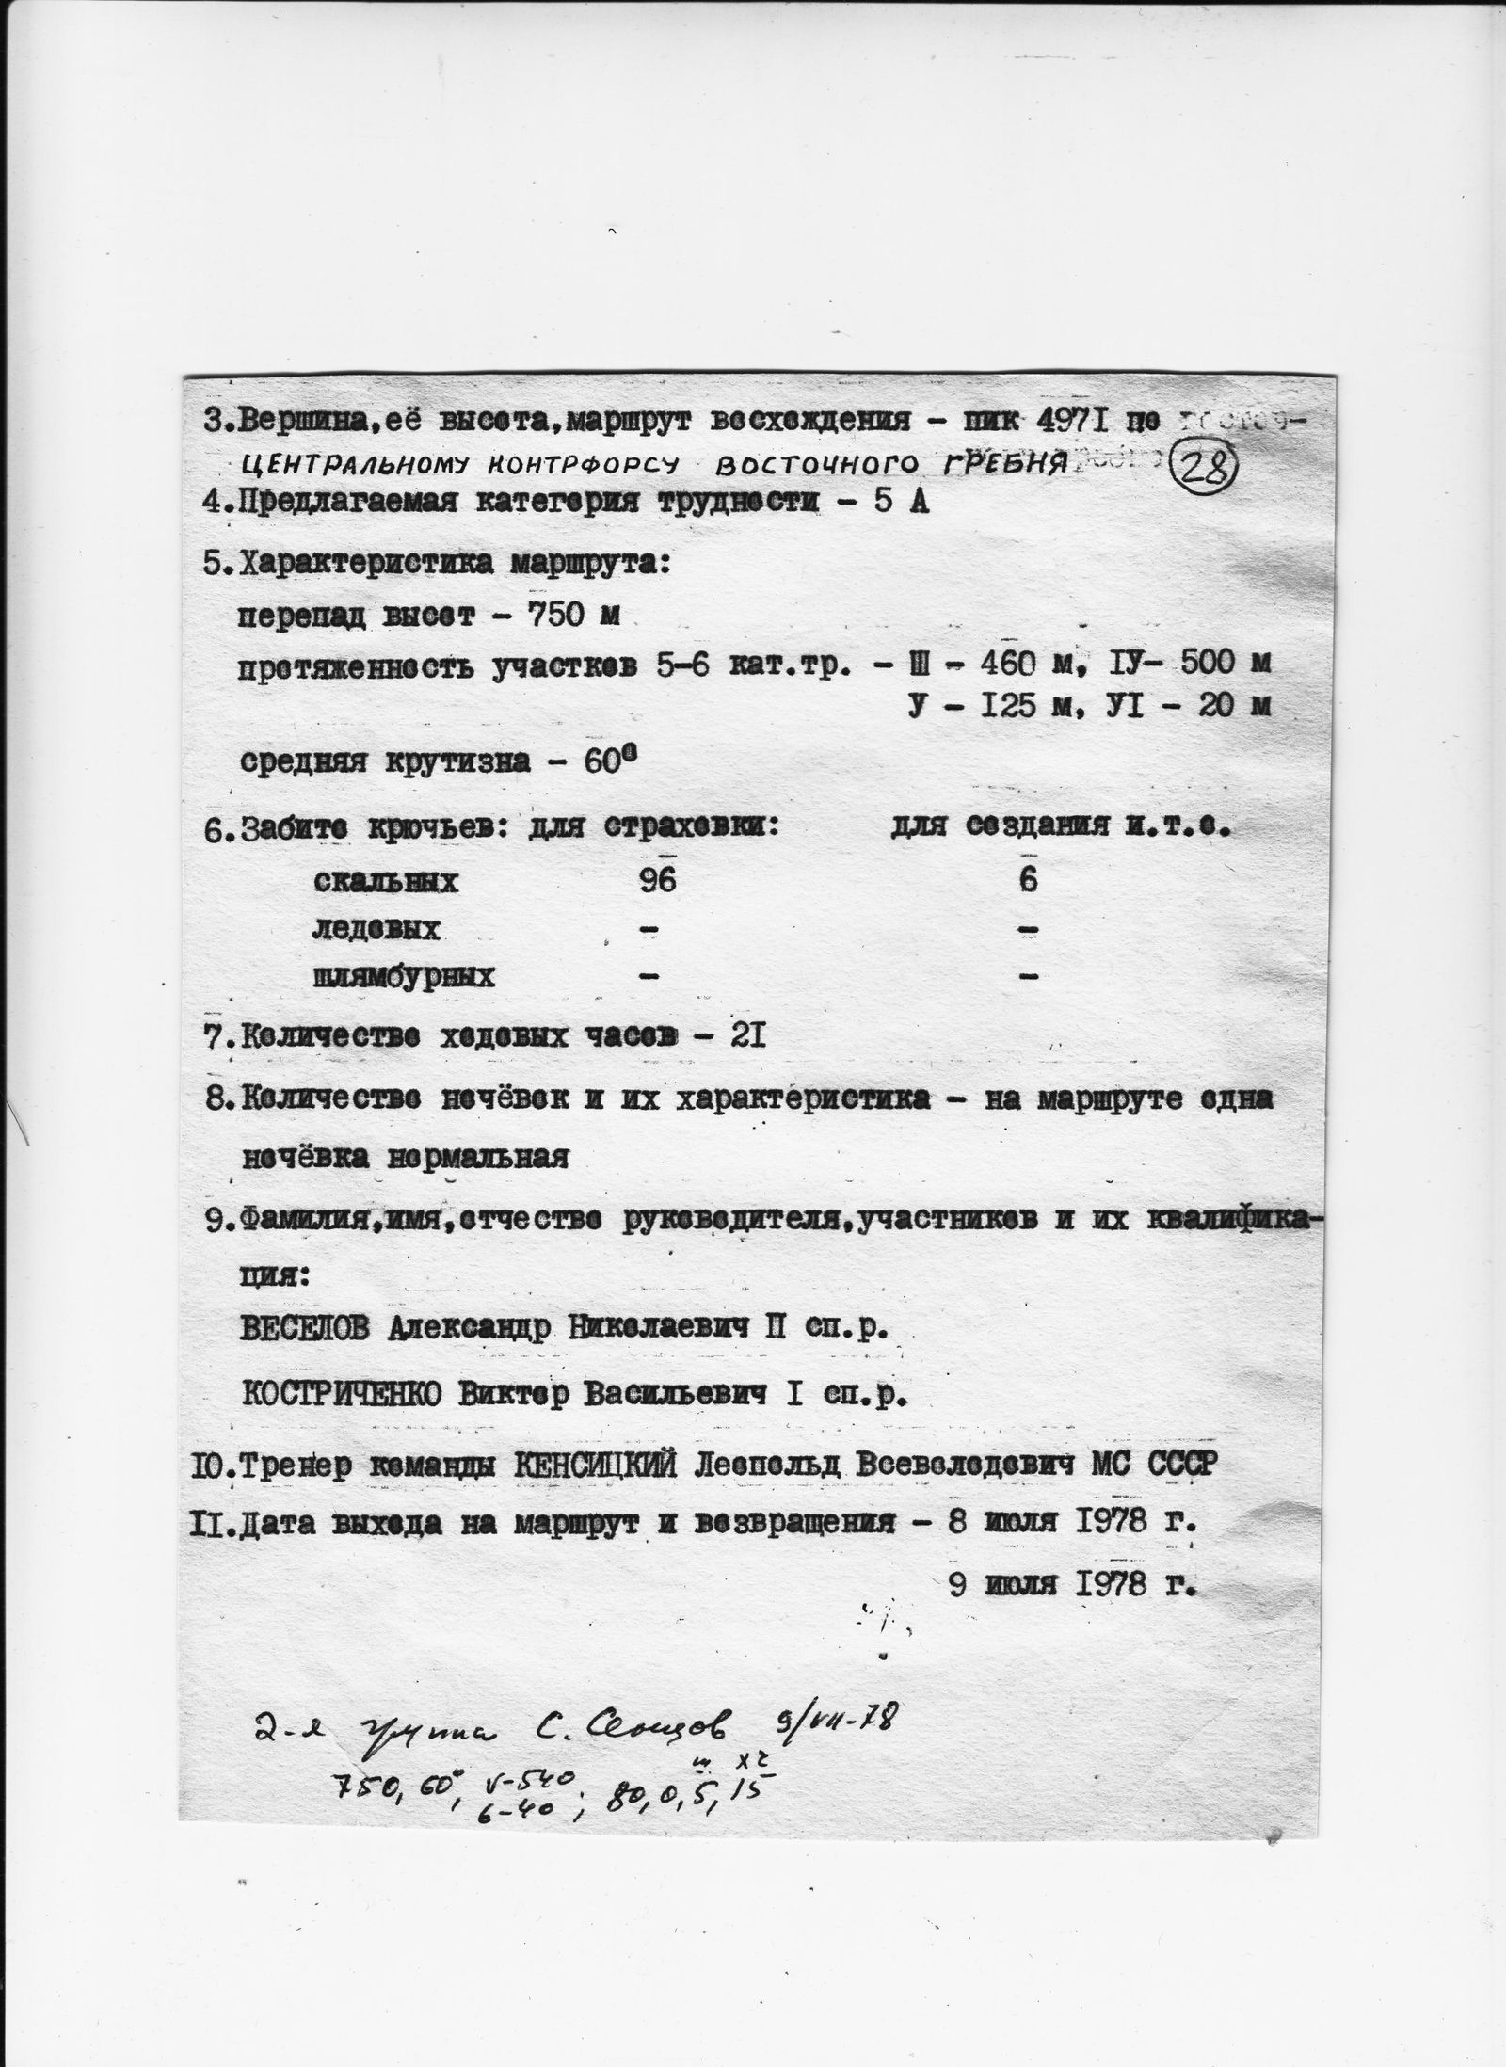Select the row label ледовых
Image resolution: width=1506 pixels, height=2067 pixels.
pos(376,930)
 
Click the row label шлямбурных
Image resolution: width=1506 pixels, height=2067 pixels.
pos(403,977)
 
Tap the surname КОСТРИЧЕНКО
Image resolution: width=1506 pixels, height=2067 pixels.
pos(343,1393)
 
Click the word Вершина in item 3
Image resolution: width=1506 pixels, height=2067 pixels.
pos(300,420)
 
